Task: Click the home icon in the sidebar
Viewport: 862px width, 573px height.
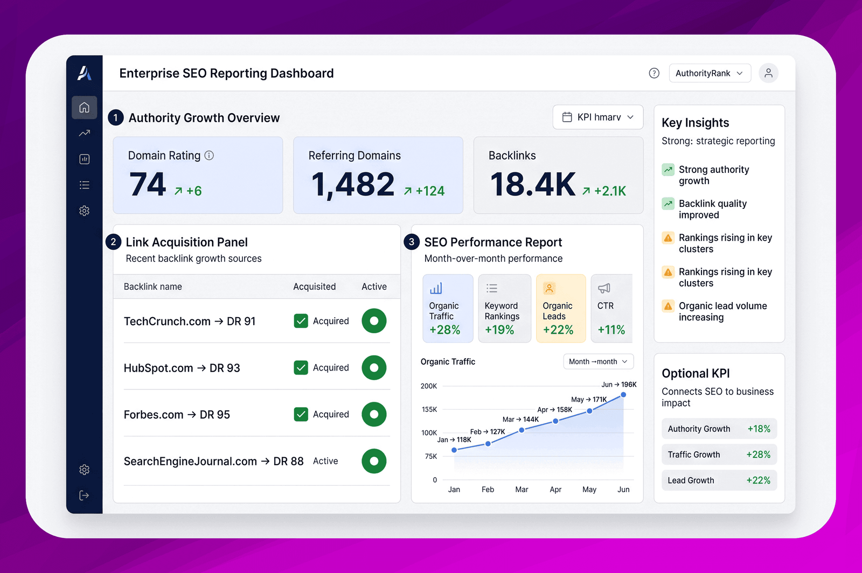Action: coord(84,107)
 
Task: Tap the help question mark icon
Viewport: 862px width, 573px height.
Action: coord(654,73)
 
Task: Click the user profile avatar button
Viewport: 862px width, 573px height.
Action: coord(768,73)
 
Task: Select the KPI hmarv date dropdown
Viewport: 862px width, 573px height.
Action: coord(598,117)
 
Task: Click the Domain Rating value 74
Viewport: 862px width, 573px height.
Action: coord(148,184)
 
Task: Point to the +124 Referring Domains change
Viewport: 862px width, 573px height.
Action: coord(425,191)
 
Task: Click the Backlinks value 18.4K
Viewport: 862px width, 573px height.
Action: coord(533,184)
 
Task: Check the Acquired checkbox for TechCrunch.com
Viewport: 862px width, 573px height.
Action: coord(301,321)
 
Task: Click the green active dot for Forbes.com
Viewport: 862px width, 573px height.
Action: coord(374,414)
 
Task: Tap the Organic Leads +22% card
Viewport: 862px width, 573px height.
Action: coord(561,308)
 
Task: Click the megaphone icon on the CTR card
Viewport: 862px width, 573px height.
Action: coord(604,288)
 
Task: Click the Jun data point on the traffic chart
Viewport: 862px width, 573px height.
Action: coord(623,395)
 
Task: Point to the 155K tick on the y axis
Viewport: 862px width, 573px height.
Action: coord(429,410)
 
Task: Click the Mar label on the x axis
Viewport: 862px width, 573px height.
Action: coord(522,490)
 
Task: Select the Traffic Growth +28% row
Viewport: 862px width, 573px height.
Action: coord(719,455)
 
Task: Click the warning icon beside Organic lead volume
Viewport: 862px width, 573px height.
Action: coord(668,306)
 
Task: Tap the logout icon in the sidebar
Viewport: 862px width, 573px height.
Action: coord(84,495)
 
